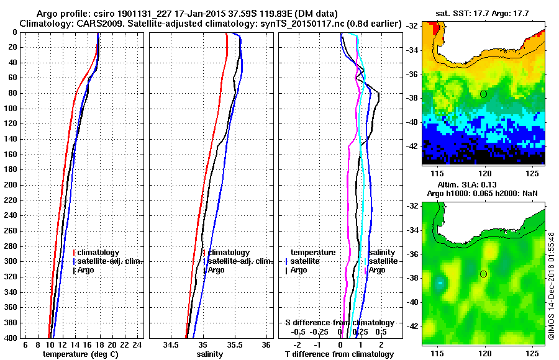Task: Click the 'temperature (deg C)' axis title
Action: [x=80, y=354]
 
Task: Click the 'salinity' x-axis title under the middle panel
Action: [x=210, y=354]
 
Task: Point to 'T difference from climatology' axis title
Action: [x=339, y=354]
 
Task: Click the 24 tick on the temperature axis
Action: [x=137, y=344]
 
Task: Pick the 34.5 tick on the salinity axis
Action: [x=171, y=344]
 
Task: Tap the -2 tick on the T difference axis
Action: [x=298, y=344]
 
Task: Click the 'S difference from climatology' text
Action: [x=339, y=323]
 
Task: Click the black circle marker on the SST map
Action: [x=483, y=94]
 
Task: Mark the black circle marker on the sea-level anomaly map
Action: [x=483, y=274]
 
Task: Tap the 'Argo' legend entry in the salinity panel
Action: [x=216, y=270]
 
